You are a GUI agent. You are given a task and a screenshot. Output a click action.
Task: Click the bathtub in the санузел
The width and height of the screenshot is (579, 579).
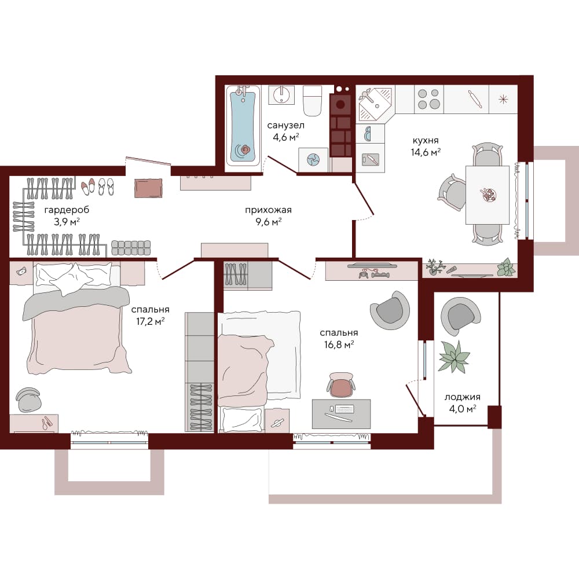click(x=243, y=126)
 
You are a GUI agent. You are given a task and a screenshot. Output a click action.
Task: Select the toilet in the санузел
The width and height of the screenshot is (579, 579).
click(x=313, y=100)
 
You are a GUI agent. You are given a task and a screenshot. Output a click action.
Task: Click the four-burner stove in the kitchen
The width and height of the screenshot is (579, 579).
click(x=428, y=99)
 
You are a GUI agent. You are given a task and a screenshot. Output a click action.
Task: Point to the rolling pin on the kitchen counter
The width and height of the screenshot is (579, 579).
click(x=475, y=99)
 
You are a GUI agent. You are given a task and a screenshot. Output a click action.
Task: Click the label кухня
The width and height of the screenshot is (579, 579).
click(x=426, y=140)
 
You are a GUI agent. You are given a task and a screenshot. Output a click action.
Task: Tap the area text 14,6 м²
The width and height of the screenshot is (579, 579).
click(x=426, y=152)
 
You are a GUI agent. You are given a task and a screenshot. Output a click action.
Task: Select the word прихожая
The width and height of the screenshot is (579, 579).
click(x=269, y=210)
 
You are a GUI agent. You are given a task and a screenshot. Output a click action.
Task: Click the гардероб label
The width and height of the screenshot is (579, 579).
click(x=67, y=210)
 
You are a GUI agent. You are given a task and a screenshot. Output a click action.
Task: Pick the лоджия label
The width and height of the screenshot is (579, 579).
click(x=462, y=397)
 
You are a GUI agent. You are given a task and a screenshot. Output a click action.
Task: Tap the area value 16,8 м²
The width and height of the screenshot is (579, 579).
click(x=339, y=345)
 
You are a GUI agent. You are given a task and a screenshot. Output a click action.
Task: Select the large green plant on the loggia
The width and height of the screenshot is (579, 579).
click(x=454, y=356)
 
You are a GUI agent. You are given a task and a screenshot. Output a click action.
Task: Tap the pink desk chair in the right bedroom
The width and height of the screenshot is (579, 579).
click(x=341, y=385)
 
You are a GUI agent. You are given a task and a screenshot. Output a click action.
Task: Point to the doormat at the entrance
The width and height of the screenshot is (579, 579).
click(x=148, y=188)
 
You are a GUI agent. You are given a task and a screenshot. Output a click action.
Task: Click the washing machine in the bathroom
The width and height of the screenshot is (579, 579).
click(x=313, y=160)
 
